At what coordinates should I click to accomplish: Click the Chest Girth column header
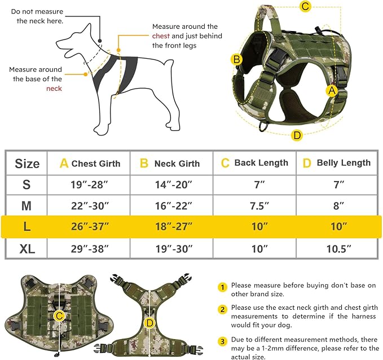click(x=90, y=164)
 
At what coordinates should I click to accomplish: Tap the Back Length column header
click(x=254, y=163)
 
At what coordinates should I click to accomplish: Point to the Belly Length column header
click(x=337, y=163)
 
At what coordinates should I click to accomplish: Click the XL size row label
click(x=27, y=248)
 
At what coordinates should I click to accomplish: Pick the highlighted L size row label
click(x=27, y=226)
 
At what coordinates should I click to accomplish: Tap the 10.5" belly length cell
click(x=337, y=248)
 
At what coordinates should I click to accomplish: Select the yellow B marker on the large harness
click(x=237, y=59)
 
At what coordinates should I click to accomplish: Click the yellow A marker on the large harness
click(x=332, y=90)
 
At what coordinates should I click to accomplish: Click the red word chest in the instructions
click(x=160, y=36)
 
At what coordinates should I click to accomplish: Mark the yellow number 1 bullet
click(x=223, y=287)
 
